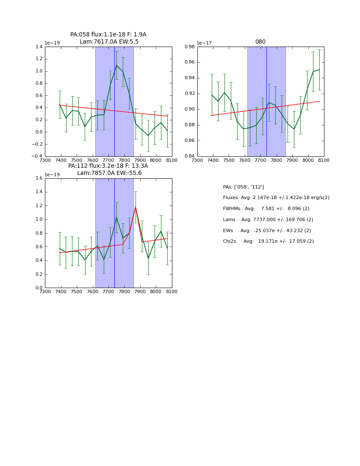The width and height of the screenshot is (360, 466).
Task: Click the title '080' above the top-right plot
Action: (260, 42)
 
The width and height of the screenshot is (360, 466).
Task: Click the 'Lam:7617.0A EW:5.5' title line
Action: (109, 42)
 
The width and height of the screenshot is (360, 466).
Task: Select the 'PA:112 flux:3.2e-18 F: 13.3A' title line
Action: (108, 166)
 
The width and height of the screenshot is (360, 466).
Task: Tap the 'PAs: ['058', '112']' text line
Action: (243, 187)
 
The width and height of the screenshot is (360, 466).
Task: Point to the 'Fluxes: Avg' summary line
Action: (276, 198)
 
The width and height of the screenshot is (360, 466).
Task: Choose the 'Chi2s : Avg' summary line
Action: (268, 241)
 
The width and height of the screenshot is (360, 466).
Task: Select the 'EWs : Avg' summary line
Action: (267, 230)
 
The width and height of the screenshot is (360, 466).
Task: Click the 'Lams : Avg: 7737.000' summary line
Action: (268, 220)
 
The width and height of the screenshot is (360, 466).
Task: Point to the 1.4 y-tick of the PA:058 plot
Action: (38, 47)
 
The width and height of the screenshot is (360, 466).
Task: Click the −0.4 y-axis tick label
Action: (37, 156)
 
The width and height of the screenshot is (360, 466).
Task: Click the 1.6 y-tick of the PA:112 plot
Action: (38, 178)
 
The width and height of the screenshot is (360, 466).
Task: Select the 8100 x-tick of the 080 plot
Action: (324, 160)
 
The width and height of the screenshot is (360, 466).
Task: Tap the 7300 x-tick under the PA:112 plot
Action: (45, 291)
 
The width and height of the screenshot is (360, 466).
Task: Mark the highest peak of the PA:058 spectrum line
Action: (116, 65)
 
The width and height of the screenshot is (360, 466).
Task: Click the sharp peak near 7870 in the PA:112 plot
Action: (136, 207)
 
